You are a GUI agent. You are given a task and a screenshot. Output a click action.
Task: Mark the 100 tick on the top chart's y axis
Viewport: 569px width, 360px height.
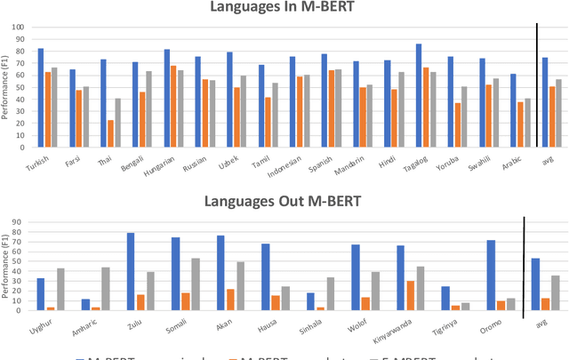point(20,27)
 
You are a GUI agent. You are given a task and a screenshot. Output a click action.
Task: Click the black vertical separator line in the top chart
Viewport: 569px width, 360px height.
point(537,84)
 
